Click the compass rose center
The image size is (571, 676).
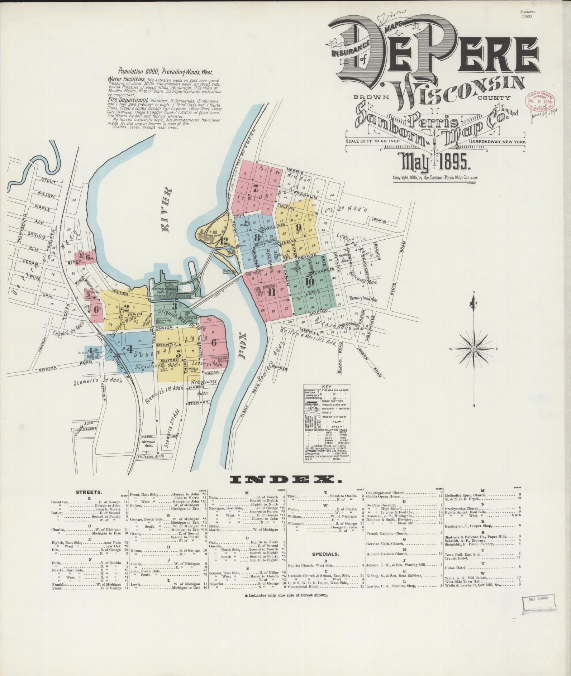[x=474, y=349]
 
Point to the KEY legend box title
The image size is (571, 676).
[x=326, y=387]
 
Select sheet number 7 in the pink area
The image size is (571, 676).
[x=255, y=188]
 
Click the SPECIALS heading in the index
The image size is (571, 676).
[x=325, y=553]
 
